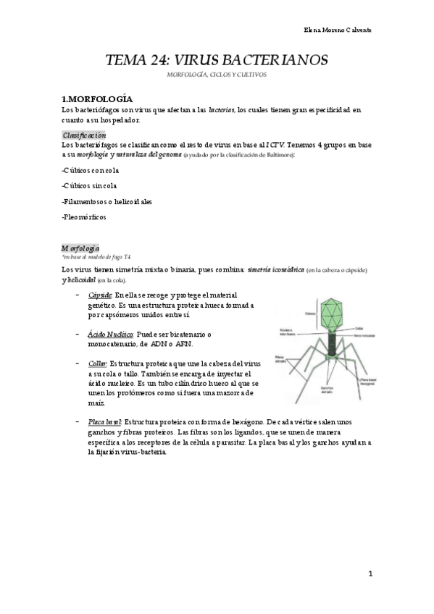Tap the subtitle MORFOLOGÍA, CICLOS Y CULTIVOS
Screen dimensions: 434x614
pos(217,75)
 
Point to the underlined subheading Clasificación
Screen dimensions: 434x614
pos(85,135)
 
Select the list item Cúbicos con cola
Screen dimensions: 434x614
pos(91,169)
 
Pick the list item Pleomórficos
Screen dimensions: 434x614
pos(85,216)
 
